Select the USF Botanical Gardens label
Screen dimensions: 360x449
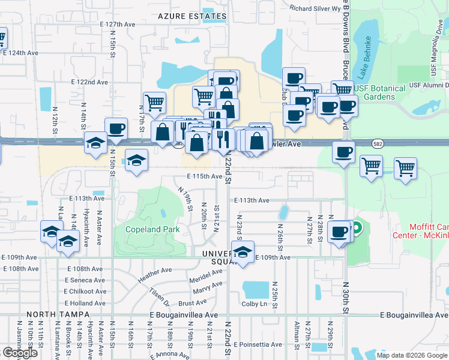(379, 92)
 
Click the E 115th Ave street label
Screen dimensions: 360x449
(205, 176)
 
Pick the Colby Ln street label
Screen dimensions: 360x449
(255, 304)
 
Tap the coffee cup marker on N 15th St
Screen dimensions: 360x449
(116, 128)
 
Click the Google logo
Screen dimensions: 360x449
(19, 353)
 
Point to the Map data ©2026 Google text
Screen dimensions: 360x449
(412, 355)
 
